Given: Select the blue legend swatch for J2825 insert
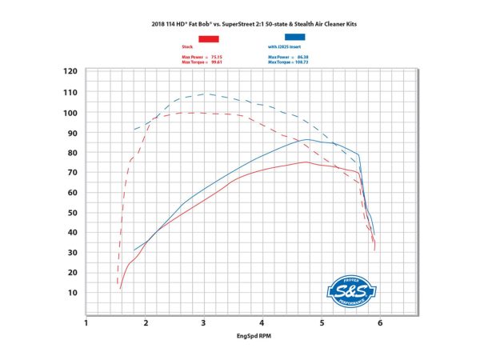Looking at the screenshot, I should click(295, 38).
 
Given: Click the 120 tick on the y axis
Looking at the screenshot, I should click(70, 72).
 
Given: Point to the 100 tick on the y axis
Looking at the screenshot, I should click(70, 112).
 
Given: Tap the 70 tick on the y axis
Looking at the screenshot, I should click(72, 172).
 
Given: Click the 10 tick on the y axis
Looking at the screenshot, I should click(72, 293).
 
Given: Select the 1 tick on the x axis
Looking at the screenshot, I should click(86, 323).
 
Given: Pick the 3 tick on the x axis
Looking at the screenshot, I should click(204, 323).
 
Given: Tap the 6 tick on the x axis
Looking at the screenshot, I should click(380, 323).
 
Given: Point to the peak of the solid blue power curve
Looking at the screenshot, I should click(307, 139).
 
